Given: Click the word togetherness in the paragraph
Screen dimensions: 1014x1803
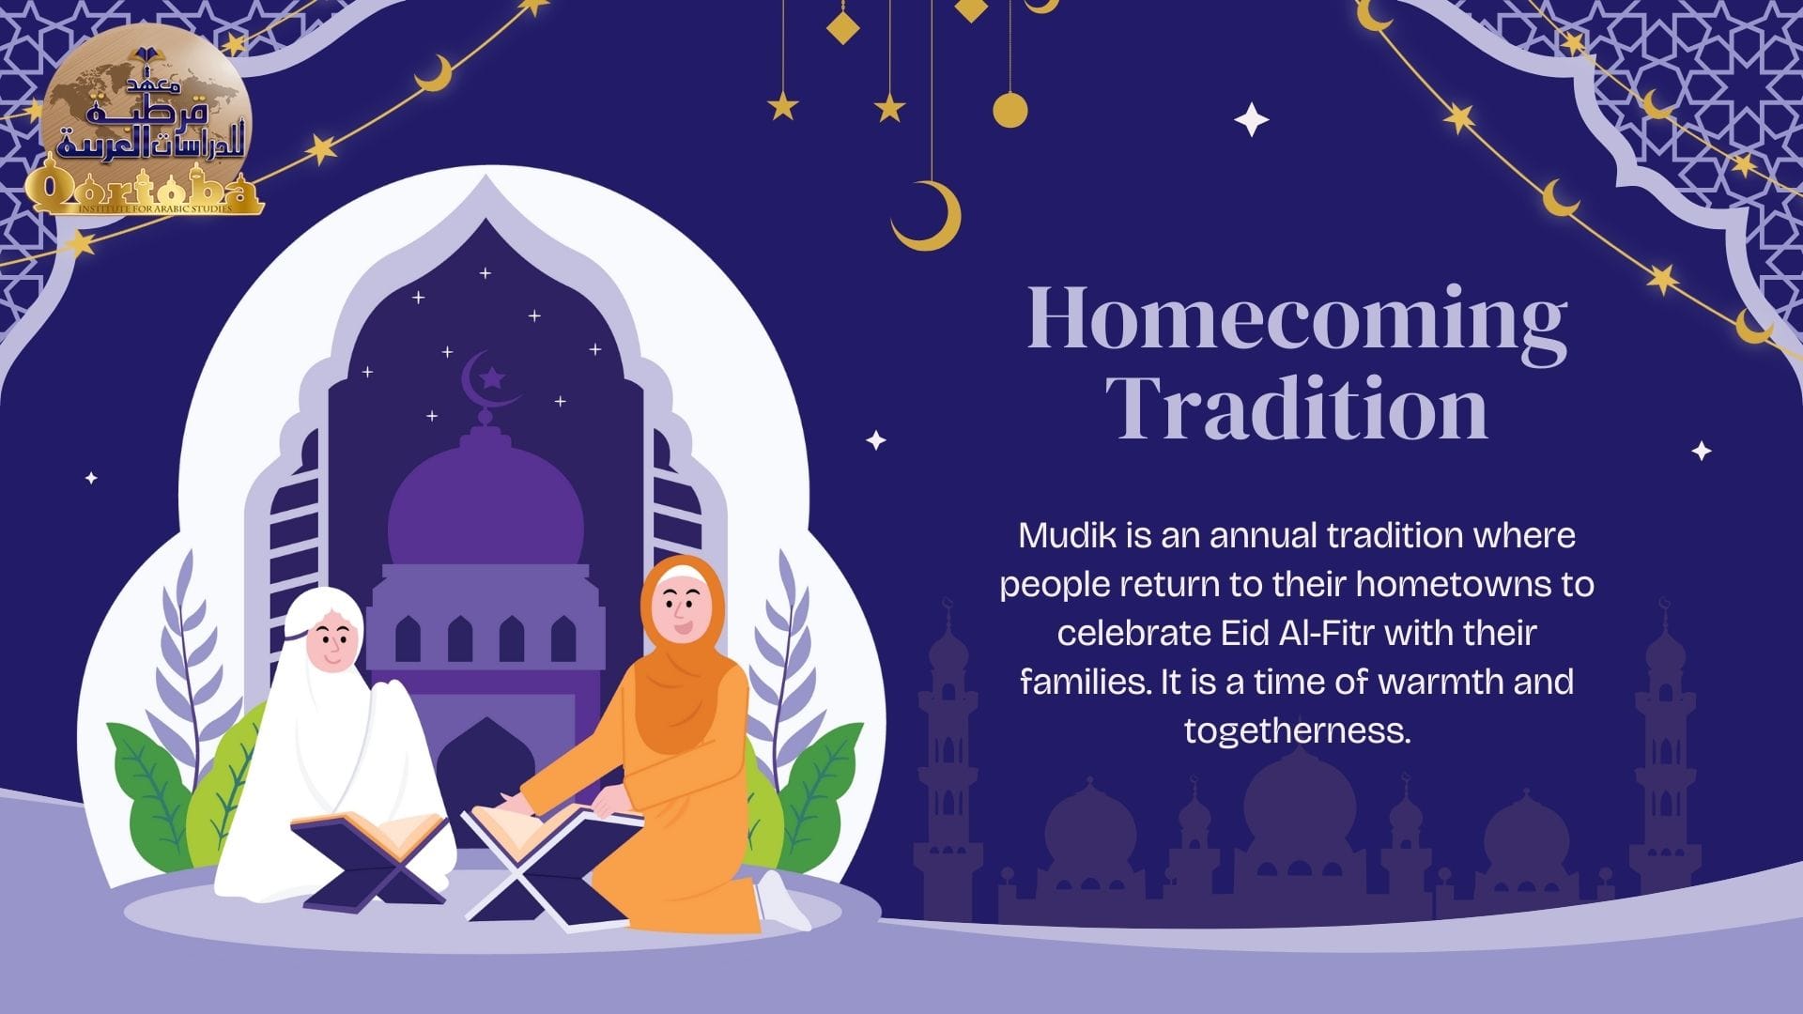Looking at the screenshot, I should [1297, 730].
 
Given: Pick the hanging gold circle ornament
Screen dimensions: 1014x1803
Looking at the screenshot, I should [1010, 110].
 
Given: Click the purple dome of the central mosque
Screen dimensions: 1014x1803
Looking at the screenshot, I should [485, 508].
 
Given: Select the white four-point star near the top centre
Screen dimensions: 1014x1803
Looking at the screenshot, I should [1251, 120].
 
